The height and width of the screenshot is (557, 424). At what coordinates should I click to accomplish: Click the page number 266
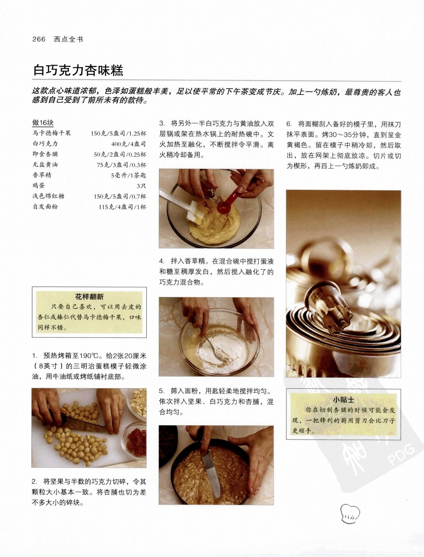[39, 39]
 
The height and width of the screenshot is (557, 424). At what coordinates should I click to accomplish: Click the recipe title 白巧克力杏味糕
[78, 70]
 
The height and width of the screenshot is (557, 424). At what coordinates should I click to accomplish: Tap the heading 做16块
[43, 123]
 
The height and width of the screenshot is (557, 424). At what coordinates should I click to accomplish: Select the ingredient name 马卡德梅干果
[51, 133]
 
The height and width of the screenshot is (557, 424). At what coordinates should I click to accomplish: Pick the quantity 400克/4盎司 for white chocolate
[129, 144]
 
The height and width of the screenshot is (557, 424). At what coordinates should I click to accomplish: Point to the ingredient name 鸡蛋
[39, 186]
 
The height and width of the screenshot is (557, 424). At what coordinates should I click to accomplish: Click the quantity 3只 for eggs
[141, 186]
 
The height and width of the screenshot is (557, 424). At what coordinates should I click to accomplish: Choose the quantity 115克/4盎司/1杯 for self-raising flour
[122, 207]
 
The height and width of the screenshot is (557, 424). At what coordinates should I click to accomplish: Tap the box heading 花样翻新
[89, 296]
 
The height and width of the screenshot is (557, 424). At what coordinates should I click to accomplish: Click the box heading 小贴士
[343, 400]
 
